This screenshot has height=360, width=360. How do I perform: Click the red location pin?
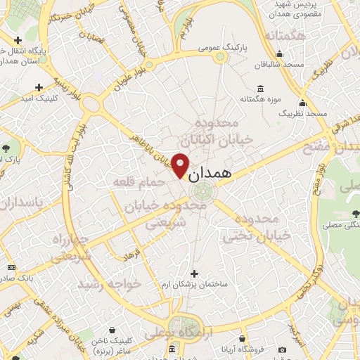click(x=180, y=165)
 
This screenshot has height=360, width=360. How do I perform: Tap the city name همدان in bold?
click(x=210, y=173)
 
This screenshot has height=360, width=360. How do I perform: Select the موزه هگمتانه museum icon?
click(x=261, y=89)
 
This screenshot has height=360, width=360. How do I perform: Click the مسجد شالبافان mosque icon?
click(x=280, y=53)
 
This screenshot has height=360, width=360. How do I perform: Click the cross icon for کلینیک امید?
click(x=37, y=88)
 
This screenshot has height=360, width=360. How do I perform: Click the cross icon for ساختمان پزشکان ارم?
click(x=195, y=273)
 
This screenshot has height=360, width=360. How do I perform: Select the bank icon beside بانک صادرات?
click(x=11, y=267)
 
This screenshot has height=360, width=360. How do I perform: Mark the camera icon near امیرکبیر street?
click(x=282, y=350)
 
